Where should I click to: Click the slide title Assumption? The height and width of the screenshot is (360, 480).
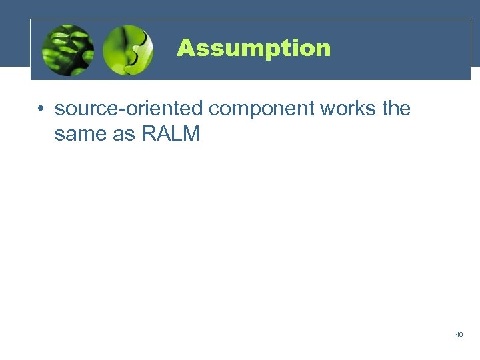tap(253, 48)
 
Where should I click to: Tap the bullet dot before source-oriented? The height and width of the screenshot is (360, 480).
tap(41, 109)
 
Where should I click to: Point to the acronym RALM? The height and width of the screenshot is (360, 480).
tap(171, 133)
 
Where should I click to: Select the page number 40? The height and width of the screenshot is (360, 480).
tap(459, 334)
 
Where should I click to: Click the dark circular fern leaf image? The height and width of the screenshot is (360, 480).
tap(67, 50)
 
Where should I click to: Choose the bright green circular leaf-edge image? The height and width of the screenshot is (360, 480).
tap(128, 50)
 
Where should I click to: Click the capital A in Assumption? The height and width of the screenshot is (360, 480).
tap(185, 48)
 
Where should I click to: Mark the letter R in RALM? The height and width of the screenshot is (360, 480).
tap(148, 133)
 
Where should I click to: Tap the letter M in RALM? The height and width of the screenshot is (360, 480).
tap(191, 133)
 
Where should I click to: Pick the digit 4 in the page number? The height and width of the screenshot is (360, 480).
tap(457, 334)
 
